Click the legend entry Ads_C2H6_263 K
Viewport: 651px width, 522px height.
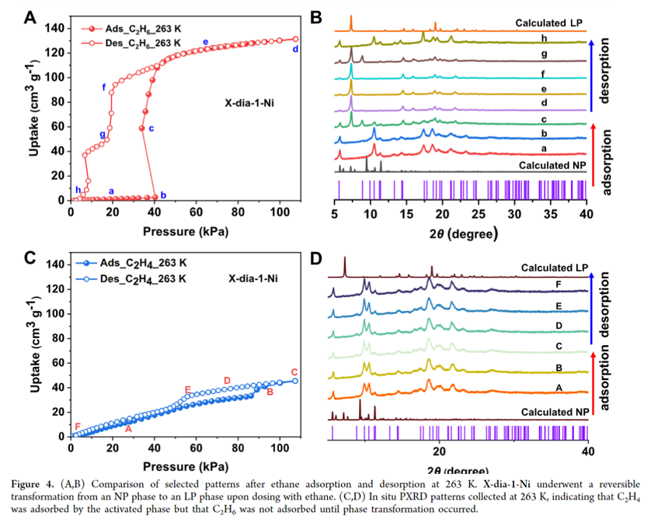(133, 27)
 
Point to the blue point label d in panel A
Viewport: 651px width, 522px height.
(295, 50)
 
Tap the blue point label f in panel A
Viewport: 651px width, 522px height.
(104, 87)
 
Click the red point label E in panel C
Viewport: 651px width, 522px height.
(187, 389)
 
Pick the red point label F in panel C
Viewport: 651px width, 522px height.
(77, 427)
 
